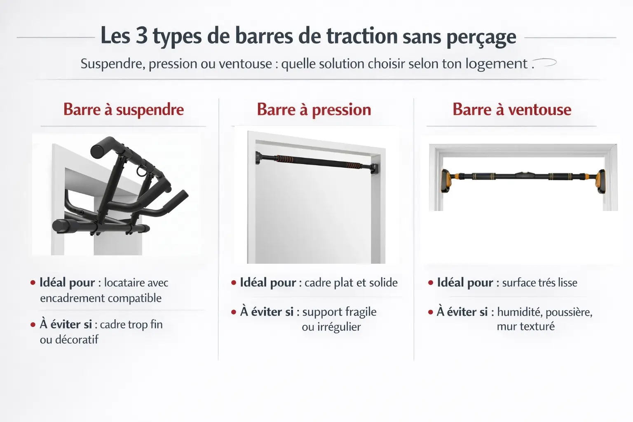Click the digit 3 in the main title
pyautogui.click(x=141, y=35)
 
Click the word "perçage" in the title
pyautogui.click(x=481, y=37)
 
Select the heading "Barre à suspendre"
pyautogui.click(x=124, y=110)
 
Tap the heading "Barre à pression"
pyautogui.click(x=314, y=110)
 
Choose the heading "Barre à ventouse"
pyautogui.click(x=512, y=110)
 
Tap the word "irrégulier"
pyautogui.click(x=331, y=327)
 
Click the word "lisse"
pyautogui.click(x=567, y=283)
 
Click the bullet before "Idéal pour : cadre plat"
pyautogui.click(x=234, y=283)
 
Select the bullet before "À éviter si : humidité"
pyautogui.click(x=431, y=312)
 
